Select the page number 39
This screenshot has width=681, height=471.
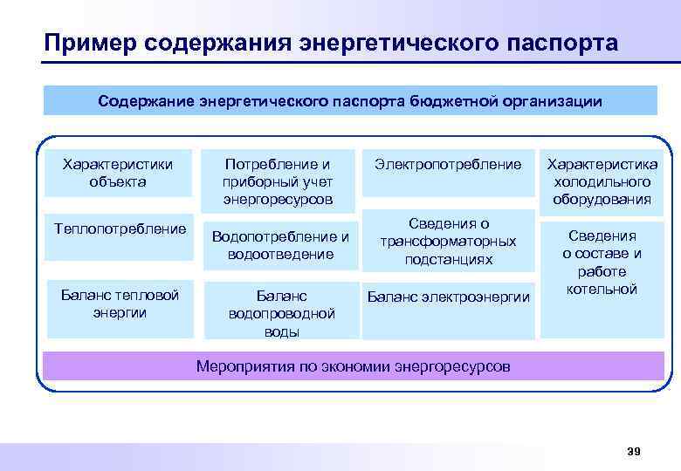click(x=634, y=450)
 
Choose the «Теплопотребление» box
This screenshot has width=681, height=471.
click(x=120, y=229)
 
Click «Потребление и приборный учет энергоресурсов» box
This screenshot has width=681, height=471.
click(x=278, y=181)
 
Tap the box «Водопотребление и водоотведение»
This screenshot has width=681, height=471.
click(x=280, y=245)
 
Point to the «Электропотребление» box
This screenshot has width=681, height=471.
click(x=448, y=164)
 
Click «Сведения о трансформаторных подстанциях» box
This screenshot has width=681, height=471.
click(x=448, y=242)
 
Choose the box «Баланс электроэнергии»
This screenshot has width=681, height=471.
click(x=448, y=297)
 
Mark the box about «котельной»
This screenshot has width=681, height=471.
click(x=602, y=262)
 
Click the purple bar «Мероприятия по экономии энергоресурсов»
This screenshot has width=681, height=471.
click(x=353, y=366)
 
